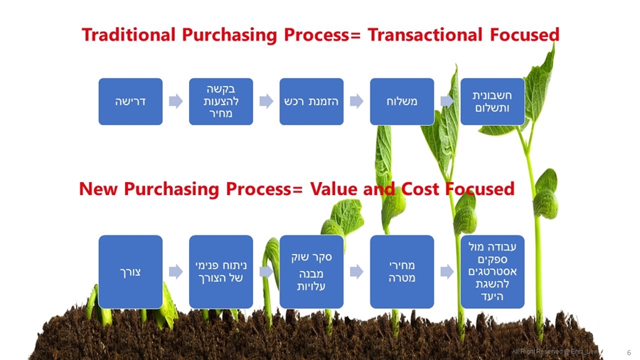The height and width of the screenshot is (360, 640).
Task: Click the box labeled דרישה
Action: [130, 101]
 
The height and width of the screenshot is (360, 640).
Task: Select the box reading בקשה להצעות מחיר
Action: [220, 101]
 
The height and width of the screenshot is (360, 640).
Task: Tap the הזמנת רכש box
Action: [311, 101]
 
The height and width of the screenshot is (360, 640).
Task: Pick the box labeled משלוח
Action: [402, 101]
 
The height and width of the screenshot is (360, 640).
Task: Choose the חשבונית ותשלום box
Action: [493, 101]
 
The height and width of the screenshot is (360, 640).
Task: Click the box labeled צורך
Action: [130, 271]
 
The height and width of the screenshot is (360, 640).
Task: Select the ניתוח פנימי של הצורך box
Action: [220, 271]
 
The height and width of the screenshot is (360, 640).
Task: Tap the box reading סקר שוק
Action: [311, 271]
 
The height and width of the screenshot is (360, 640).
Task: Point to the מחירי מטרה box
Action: [402, 271]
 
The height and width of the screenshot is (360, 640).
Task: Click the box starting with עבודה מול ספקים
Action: [493, 271]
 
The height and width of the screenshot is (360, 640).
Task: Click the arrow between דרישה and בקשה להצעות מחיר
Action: [176, 101]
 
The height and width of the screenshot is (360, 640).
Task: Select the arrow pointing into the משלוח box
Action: [357, 101]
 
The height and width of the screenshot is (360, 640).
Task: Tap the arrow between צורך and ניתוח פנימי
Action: [176, 271]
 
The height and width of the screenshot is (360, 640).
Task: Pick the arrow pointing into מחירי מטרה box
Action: [357, 271]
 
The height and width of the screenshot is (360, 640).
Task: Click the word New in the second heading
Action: [97, 189]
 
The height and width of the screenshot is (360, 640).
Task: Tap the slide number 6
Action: [629, 352]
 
